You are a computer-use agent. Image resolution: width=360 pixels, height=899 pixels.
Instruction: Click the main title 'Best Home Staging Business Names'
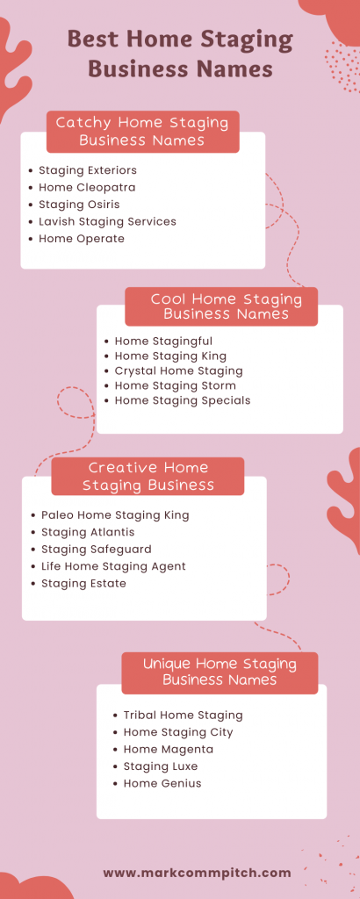[x=180, y=54]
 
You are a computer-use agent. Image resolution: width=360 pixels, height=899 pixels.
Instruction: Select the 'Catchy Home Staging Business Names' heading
[x=142, y=131]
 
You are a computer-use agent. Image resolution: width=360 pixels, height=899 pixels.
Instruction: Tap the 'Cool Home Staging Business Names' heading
[x=226, y=306]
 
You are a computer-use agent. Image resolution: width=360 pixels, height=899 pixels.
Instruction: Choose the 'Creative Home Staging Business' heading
[x=148, y=476]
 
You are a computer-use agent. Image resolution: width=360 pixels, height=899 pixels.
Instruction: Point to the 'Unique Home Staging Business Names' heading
[x=220, y=672]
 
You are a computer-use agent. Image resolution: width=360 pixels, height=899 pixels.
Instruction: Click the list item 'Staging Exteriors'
[x=88, y=170]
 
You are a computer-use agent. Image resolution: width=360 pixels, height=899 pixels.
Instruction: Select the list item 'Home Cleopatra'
[x=87, y=187]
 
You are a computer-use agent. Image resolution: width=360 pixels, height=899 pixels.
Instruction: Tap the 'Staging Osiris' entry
[x=80, y=205]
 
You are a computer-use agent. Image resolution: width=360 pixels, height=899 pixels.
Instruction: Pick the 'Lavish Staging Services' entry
[x=107, y=221]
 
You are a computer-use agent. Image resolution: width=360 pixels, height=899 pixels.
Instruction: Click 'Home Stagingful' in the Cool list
[x=163, y=341]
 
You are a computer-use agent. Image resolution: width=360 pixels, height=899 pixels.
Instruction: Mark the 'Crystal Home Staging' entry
[x=178, y=370]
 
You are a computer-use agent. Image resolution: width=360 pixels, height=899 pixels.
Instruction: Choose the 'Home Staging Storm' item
[x=175, y=385]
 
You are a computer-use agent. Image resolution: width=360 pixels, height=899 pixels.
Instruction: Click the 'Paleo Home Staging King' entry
[x=115, y=514]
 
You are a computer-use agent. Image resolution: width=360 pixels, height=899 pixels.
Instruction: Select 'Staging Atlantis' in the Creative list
[x=88, y=532]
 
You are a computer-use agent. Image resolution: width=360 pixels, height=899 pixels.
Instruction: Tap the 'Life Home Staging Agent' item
[x=113, y=566]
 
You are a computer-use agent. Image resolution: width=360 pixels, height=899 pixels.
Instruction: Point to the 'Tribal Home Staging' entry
[x=183, y=716]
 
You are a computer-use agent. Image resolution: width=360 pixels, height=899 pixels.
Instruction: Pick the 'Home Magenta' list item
[x=168, y=750]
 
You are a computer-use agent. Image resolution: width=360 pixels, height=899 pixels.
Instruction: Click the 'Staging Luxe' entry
[x=161, y=766]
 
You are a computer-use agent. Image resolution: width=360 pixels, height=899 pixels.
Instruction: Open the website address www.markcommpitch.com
[x=197, y=873]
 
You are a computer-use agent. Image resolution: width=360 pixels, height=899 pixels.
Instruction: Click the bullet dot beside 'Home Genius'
[x=115, y=784]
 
